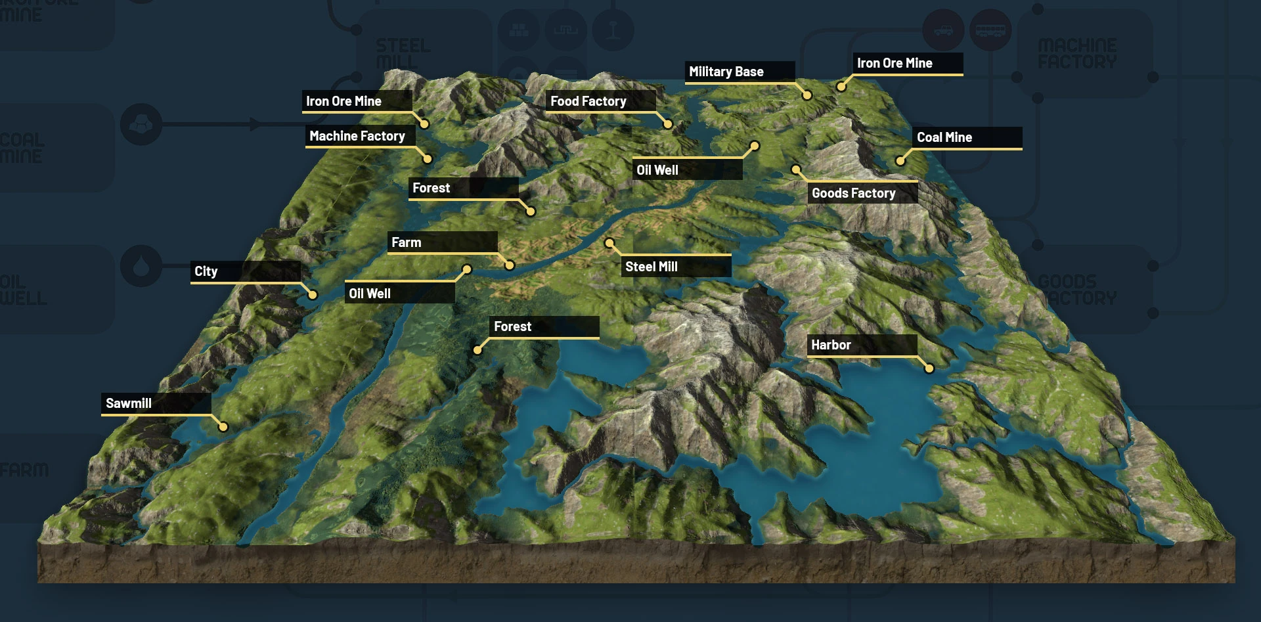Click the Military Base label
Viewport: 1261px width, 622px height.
(x=726, y=72)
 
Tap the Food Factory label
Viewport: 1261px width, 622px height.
(x=588, y=101)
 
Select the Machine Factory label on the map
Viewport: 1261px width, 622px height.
(x=357, y=136)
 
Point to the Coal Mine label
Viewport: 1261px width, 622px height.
(x=944, y=137)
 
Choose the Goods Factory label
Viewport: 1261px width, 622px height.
(x=854, y=193)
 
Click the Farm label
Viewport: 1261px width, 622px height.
(x=407, y=242)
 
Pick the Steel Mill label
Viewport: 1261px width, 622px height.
(x=652, y=267)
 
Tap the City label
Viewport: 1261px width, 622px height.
(x=206, y=271)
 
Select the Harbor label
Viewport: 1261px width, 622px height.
(x=831, y=345)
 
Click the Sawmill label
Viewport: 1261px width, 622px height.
(x=129, y=403)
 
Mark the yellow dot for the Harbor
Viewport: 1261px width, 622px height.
(x=929, y=368)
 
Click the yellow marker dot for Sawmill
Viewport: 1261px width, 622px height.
(x=223, y=427)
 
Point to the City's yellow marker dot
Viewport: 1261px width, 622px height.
(x=313, y=295)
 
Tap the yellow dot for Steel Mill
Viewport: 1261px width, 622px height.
(x=609, y=244)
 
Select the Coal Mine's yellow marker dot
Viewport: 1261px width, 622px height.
(x=900, y=161)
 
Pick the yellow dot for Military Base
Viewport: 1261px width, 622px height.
(x=807, y=95)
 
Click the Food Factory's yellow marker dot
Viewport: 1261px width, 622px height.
(x=668, y=124)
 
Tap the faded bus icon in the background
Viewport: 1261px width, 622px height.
(x=990, y=30)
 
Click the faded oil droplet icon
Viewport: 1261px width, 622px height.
(x=141, y=266)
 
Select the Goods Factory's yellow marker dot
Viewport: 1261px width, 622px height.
(x=796, y=169)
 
